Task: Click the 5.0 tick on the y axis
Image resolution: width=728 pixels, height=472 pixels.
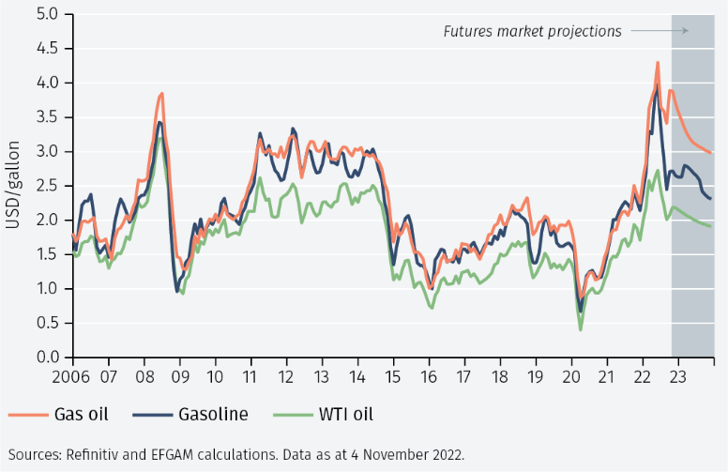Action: pyautogui.click(x=46, y=14)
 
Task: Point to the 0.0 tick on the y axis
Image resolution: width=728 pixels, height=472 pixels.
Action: pyautogui.click(x=46, y=358)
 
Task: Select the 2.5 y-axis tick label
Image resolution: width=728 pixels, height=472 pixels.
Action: pyautogui.click(x=46, y=186)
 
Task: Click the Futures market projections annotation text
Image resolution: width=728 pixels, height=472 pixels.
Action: pyautogui.click(x=532, y=32)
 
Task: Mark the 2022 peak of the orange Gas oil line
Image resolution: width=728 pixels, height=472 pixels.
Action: pyautogui.click(x=658, y=63)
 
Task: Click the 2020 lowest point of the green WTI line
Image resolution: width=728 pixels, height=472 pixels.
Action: pyautogui.click(x=581, y=328)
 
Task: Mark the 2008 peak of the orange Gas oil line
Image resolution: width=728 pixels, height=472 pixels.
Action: pyautogui.click(x=162, y=94)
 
